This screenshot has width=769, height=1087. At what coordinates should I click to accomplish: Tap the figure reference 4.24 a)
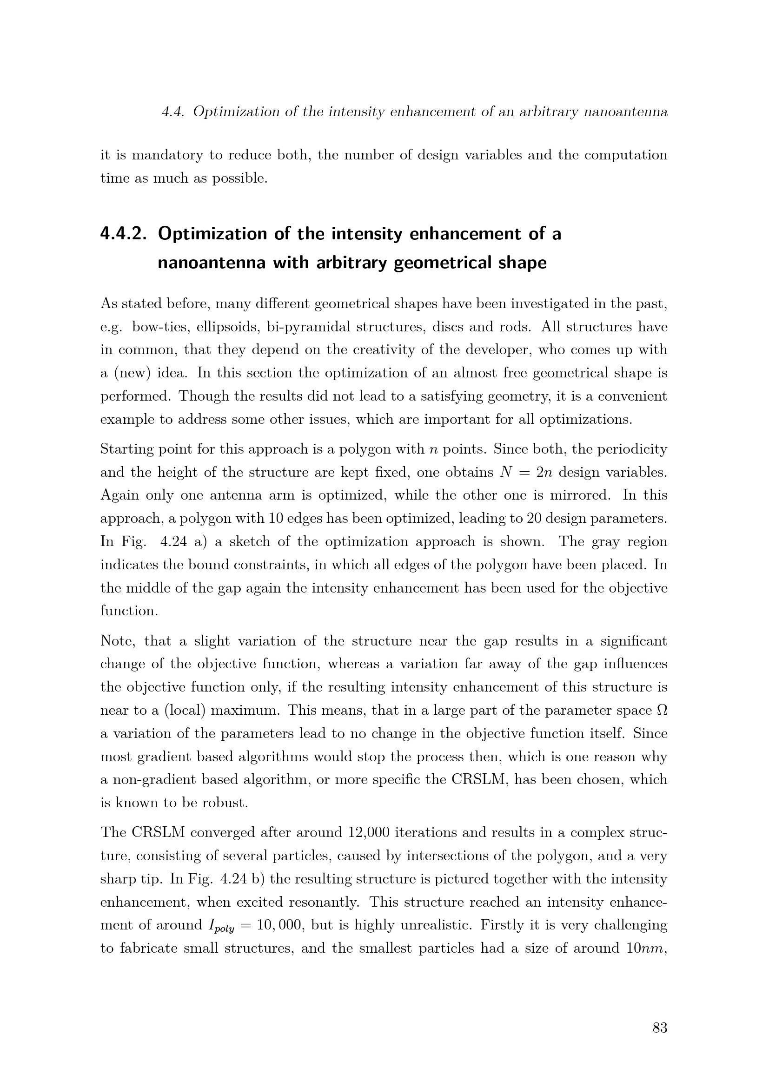(182, 541)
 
